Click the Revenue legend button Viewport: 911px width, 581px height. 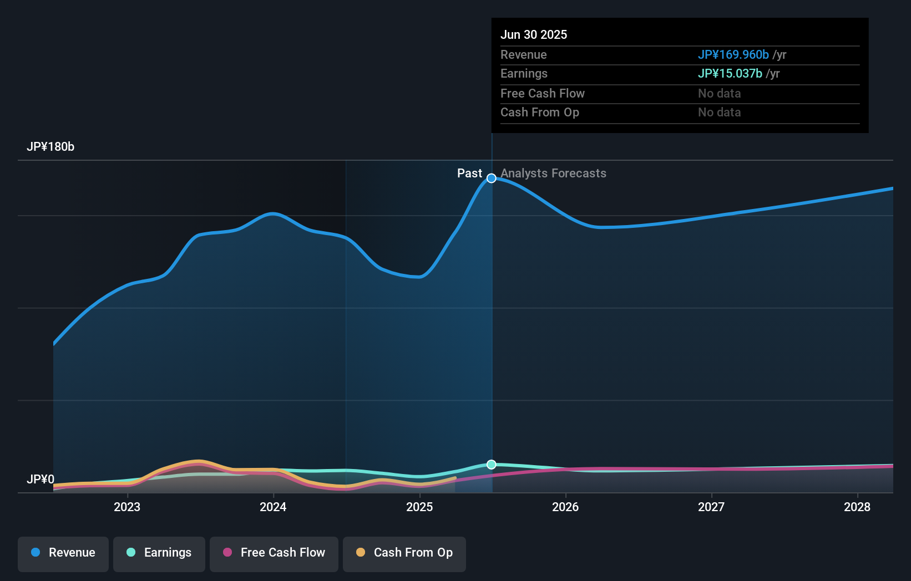click(63, 553)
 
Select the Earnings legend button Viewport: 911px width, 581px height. click(159, 553)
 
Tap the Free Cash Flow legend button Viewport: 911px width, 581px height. click(274, 553)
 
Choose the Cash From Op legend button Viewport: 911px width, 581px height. click(404, 553)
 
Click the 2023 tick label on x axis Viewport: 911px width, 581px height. click(127, 507)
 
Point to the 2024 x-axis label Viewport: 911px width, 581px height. click(273, 507)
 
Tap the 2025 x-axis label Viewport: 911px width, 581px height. click(419, 507)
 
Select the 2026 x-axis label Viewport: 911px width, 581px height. click(565, 507)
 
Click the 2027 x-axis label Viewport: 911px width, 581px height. click(711, 507)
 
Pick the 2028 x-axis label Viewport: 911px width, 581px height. click(857, 507)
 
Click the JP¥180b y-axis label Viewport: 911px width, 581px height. click(50, 147)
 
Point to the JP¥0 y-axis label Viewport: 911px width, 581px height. click(41, 479)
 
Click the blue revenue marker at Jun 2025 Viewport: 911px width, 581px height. click(492, 178)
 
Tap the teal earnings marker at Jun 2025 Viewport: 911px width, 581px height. click(492, 465)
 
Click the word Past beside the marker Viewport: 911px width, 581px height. click(469, 174)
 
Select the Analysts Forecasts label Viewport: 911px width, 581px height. click(553, 174)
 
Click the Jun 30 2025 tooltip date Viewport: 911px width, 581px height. click(534, 34)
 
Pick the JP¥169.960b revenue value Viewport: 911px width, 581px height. click(733, 54)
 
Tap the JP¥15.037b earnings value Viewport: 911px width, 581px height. click(730, 74)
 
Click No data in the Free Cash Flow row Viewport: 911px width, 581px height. click(719, 93)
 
